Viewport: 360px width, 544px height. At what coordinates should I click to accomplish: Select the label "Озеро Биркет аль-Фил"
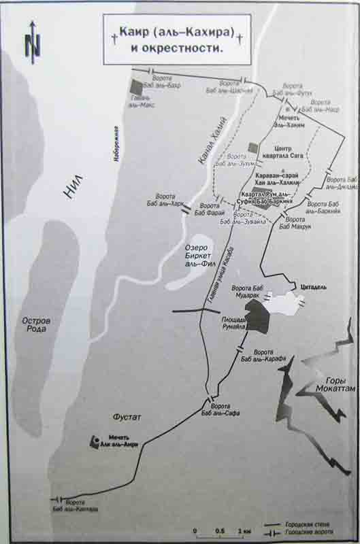[x=197, y=253]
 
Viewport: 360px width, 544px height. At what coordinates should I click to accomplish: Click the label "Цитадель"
[x=314, y=288]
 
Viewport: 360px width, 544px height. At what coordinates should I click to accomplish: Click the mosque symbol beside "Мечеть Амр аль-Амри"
[x=93, y=441]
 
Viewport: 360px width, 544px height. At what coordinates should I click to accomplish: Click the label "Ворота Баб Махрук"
[x=297, y=223]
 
